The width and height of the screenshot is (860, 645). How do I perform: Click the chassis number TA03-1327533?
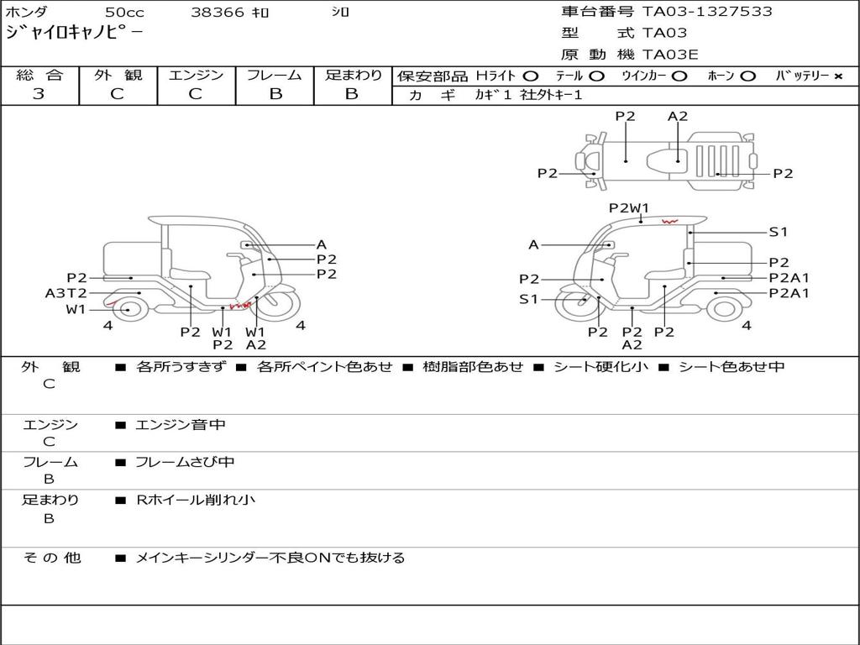point(707,12)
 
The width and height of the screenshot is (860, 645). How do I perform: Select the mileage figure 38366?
point(218,12)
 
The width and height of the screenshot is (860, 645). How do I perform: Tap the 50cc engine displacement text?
point(124,12)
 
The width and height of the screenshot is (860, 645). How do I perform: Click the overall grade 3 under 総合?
point(39,94)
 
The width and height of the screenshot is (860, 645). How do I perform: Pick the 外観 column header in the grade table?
point(118,75)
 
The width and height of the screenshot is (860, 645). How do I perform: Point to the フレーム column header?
point(275,75)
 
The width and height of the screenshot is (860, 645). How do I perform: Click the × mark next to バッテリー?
point(838,76)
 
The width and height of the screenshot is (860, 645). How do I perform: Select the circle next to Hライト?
point(531,76)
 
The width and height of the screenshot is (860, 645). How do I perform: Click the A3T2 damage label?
point(66,293)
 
